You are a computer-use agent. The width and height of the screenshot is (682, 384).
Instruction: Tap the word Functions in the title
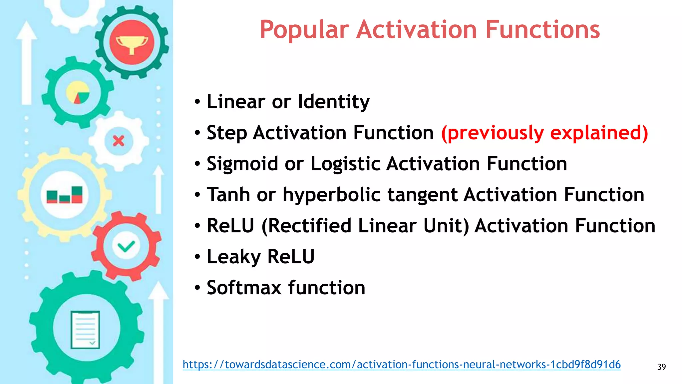pos(542,30)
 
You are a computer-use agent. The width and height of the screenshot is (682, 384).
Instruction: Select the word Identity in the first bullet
pos(333,102)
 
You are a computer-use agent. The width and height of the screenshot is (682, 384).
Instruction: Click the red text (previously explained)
pos(544,133)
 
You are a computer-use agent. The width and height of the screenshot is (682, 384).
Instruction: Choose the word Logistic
pos(345,164)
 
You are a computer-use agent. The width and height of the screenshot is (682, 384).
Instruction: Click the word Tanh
pos(228,195)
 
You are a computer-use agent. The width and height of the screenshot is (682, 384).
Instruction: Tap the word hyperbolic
pos(331,195)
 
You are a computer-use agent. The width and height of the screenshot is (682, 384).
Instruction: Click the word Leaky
pos(233,257)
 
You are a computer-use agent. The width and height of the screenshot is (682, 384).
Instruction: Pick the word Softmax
pos(244,288)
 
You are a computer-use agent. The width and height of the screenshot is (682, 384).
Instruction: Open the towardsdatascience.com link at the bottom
pos(401,364)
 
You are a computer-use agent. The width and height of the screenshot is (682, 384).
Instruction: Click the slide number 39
pos(661,367)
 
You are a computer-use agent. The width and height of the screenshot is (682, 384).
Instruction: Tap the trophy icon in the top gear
pos(132,43)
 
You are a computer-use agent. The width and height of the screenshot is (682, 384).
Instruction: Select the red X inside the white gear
pos(119,141)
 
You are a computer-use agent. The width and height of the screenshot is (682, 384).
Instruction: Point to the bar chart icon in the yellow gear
pos(65,195)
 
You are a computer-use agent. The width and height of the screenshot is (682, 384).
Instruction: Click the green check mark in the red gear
pos(126,247)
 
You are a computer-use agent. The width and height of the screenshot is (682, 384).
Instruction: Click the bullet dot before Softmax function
pos(197,287)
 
